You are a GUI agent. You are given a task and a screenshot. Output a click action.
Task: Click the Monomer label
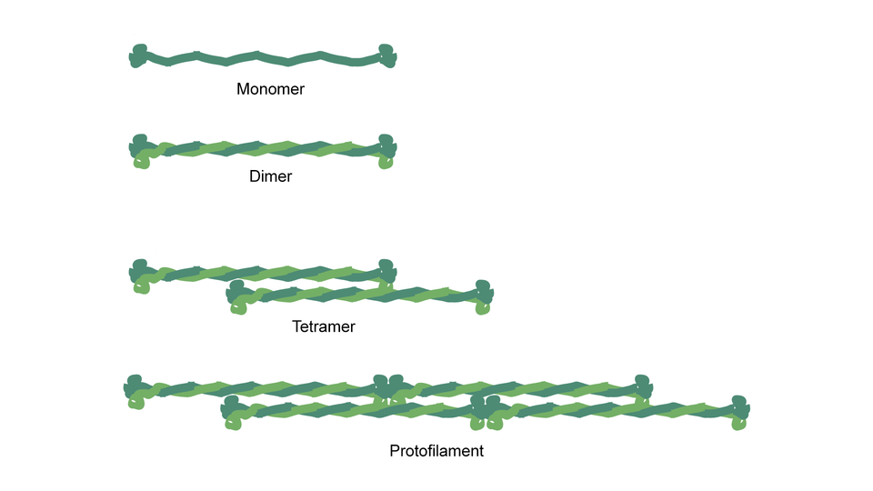point(270,89)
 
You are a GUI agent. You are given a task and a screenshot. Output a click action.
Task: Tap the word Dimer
point(270,176)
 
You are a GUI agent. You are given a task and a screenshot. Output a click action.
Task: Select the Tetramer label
point(323,326)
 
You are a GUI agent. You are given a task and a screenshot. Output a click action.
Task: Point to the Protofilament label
point(436,450)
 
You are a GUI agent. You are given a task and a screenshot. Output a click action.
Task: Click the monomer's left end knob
point(138,55)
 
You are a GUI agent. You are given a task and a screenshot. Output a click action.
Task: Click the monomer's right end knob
point(387,55)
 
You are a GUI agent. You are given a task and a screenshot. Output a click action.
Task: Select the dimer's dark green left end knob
point(139,143)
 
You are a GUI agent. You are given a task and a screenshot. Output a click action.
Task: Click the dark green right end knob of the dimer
point(387,144)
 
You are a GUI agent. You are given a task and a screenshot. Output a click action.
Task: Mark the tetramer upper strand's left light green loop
point(142,287)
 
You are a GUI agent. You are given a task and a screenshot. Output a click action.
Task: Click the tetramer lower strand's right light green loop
point(482,308)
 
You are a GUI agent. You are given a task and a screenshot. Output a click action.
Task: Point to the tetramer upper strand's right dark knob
point(387,269)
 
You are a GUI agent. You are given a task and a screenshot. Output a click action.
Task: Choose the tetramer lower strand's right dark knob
point(484,289)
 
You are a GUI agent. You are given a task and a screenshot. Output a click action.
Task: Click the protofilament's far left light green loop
point(136,402)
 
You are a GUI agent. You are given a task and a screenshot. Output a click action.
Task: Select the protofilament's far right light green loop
point(738,423)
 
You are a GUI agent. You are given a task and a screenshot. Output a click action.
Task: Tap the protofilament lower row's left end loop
point(233,422)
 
